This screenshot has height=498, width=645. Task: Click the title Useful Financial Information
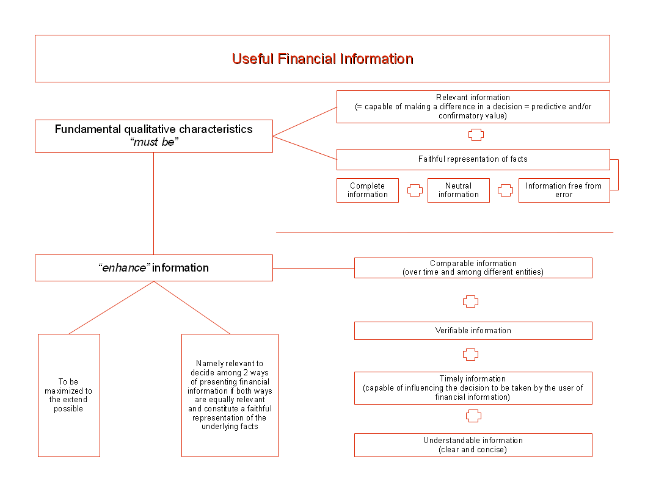(322, 59)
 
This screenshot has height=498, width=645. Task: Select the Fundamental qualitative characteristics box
(153, 135)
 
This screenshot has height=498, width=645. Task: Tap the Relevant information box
(473, 107)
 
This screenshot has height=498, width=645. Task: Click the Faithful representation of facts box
(473, 159)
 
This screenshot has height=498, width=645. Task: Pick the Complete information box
(368, 190)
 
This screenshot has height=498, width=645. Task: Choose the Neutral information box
(458, 190)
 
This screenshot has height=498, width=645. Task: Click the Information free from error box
(564, 190)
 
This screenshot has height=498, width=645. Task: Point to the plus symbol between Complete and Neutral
(415, 190)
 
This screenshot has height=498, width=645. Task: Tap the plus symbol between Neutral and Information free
(505, 190)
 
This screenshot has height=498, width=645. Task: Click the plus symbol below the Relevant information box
(476, 135)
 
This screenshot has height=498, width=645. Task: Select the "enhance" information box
(153, 268)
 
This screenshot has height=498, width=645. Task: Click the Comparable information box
(473, 268)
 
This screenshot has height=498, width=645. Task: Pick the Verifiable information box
(473, 331)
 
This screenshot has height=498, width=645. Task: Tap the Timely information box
(473, 388)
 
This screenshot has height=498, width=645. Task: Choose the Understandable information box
(473, 445)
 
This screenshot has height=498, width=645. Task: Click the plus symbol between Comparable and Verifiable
(470, 301)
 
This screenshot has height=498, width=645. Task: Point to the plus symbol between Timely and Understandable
(473, 416)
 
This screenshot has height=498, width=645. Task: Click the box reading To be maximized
(68, 395)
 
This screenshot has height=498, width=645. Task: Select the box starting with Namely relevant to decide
(230, 395)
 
